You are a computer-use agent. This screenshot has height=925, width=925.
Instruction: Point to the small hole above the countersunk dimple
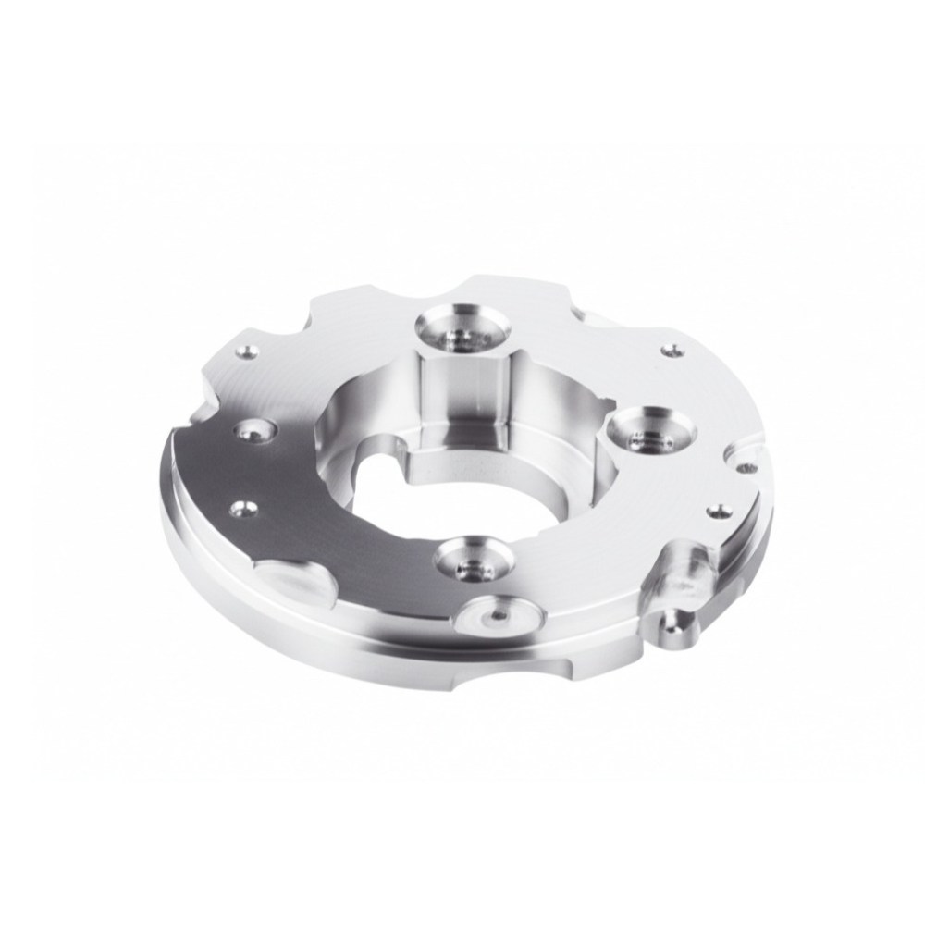click(x=247, y=351)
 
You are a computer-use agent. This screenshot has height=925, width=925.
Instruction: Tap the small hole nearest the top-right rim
click(x=672, y=349)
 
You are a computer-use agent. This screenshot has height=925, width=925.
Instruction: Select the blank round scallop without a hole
click(x=290, y=579)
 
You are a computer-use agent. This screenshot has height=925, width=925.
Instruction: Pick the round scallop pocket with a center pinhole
click(x=499, y=614)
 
